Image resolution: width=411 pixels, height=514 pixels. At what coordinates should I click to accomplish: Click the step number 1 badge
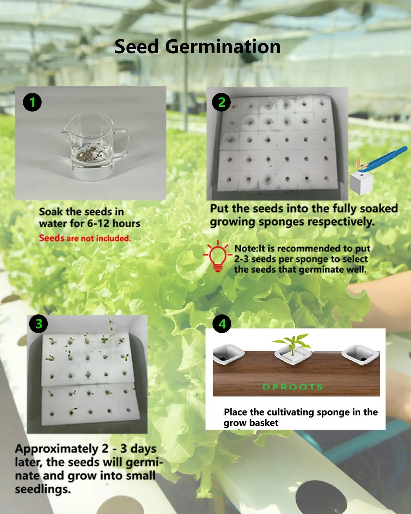tap(32, 102)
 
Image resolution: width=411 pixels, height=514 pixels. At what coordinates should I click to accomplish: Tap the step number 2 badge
tap(222, 102)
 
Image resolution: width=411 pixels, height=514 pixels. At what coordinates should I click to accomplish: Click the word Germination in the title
tap(223, 47)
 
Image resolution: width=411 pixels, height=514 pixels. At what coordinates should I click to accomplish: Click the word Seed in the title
tap(137, 47)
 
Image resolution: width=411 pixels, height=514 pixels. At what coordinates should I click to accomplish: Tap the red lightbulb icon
tap(218, 256)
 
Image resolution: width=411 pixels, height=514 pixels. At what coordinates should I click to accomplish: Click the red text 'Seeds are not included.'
tap(85, 238)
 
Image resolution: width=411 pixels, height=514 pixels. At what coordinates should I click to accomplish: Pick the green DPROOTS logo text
tap(292, 387)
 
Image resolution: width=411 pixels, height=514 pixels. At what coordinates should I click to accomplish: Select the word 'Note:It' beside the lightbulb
tap(249, 248)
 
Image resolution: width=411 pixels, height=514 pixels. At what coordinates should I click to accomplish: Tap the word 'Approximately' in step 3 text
tap(56, 449)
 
